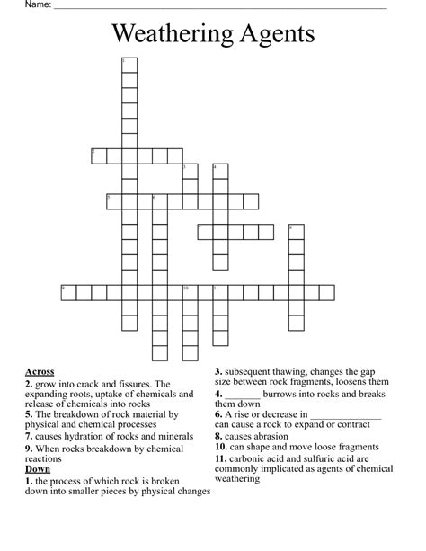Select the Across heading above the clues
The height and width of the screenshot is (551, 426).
(40, 371)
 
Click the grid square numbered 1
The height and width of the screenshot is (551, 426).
(129, 64)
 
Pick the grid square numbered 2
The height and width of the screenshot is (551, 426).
(98, 156)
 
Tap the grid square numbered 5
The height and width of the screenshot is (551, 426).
(113, 201)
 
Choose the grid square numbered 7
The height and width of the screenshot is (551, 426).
(205, 232)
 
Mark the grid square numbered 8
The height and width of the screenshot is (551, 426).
(297, 232)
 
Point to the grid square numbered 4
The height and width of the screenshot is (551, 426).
(220, 171)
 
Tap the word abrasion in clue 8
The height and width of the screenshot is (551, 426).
(268, 436)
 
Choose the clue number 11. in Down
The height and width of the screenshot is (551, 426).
(221, 458)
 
